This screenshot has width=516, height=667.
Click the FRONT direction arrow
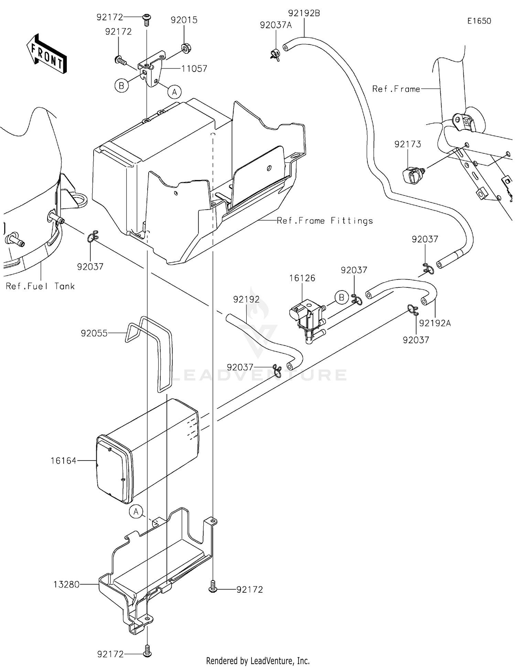[46, 54]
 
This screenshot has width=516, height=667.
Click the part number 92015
[184, 20]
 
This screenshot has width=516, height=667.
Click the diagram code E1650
[479, 21]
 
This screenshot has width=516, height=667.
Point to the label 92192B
[304, 13]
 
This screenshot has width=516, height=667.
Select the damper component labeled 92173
[413, 175]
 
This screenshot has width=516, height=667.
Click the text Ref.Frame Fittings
[325, 221]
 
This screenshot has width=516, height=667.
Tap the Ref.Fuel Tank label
[40, 286]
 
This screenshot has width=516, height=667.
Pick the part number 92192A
[435, 323]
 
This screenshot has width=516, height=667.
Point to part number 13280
[66, 584]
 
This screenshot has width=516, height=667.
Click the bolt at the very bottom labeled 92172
[147, 652]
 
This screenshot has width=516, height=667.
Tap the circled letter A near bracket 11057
[174, 92]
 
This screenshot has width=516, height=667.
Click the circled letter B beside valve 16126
[341, 297]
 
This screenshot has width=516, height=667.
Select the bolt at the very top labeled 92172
[147, 18]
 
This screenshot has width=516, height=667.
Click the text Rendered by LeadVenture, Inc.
[258, 660]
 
